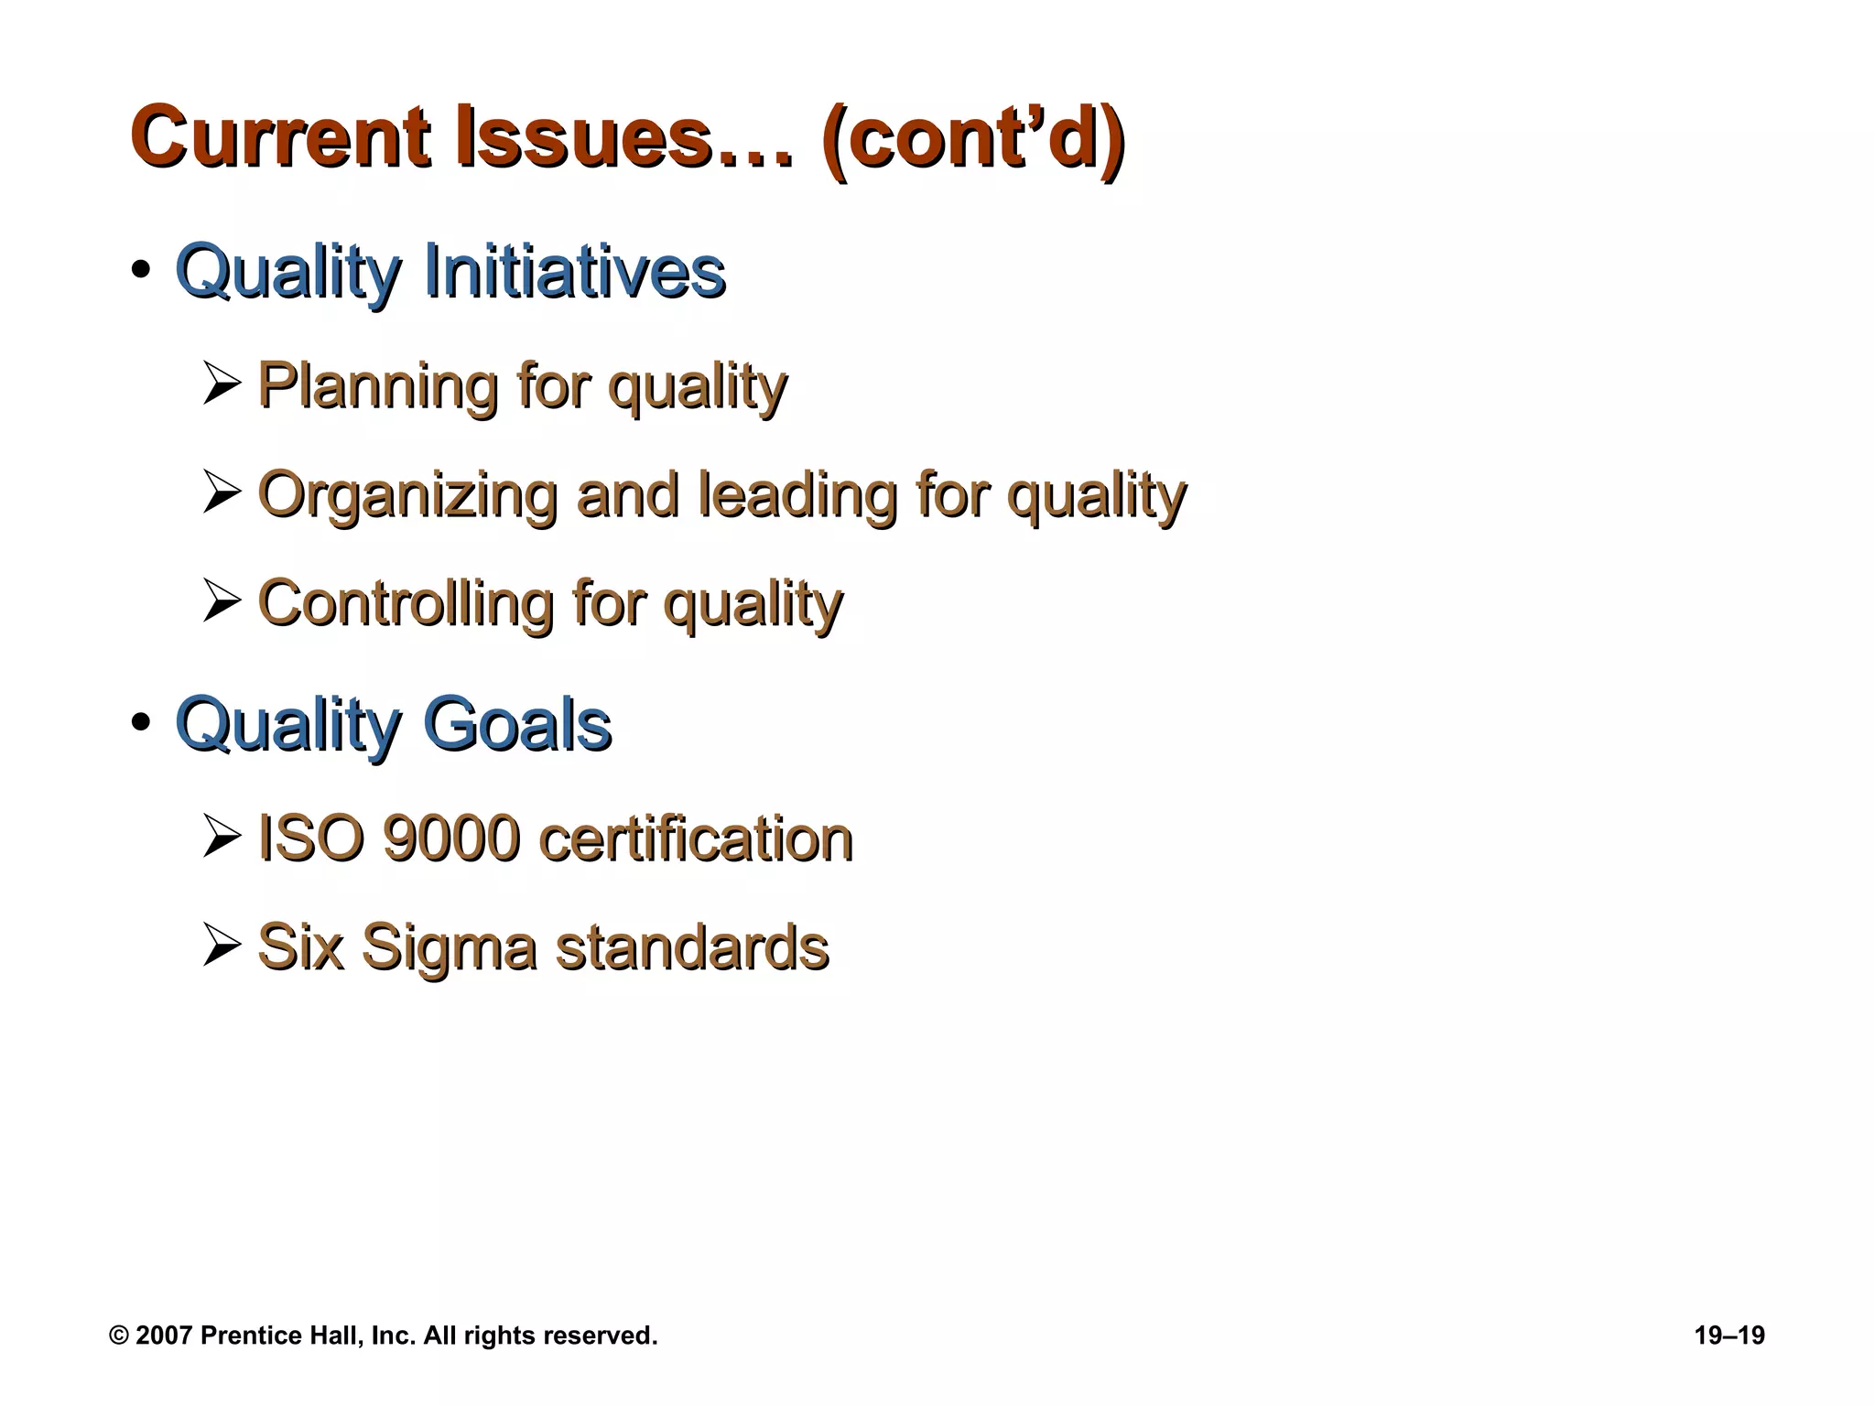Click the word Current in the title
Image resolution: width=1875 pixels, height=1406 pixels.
280,139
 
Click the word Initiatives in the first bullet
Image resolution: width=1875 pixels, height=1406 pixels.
575,271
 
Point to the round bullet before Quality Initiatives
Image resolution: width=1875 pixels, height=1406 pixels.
140,272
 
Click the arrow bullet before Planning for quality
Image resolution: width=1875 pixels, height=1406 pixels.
222,384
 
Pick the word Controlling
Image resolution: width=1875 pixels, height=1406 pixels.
406,602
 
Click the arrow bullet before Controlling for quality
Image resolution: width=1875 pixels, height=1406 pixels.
222,601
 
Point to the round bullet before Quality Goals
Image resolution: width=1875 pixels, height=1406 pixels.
140,723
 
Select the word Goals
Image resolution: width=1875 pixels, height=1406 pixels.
516,725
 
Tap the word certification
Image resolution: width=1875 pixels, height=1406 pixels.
696,838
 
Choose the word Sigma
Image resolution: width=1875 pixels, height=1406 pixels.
449,948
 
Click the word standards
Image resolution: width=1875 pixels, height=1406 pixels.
693,946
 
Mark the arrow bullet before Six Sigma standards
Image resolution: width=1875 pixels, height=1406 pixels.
222,946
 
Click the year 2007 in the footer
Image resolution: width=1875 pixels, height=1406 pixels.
164,1336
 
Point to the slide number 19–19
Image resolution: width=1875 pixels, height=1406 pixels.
1729,1336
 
